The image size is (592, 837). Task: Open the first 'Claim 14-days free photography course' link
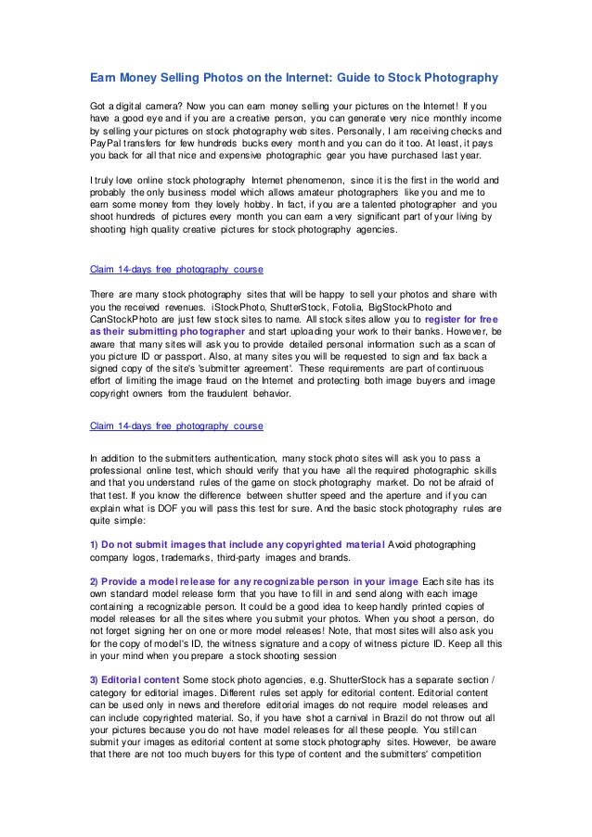click(x=175, y=271)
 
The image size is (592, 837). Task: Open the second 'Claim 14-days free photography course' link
click(x=175, y=426)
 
